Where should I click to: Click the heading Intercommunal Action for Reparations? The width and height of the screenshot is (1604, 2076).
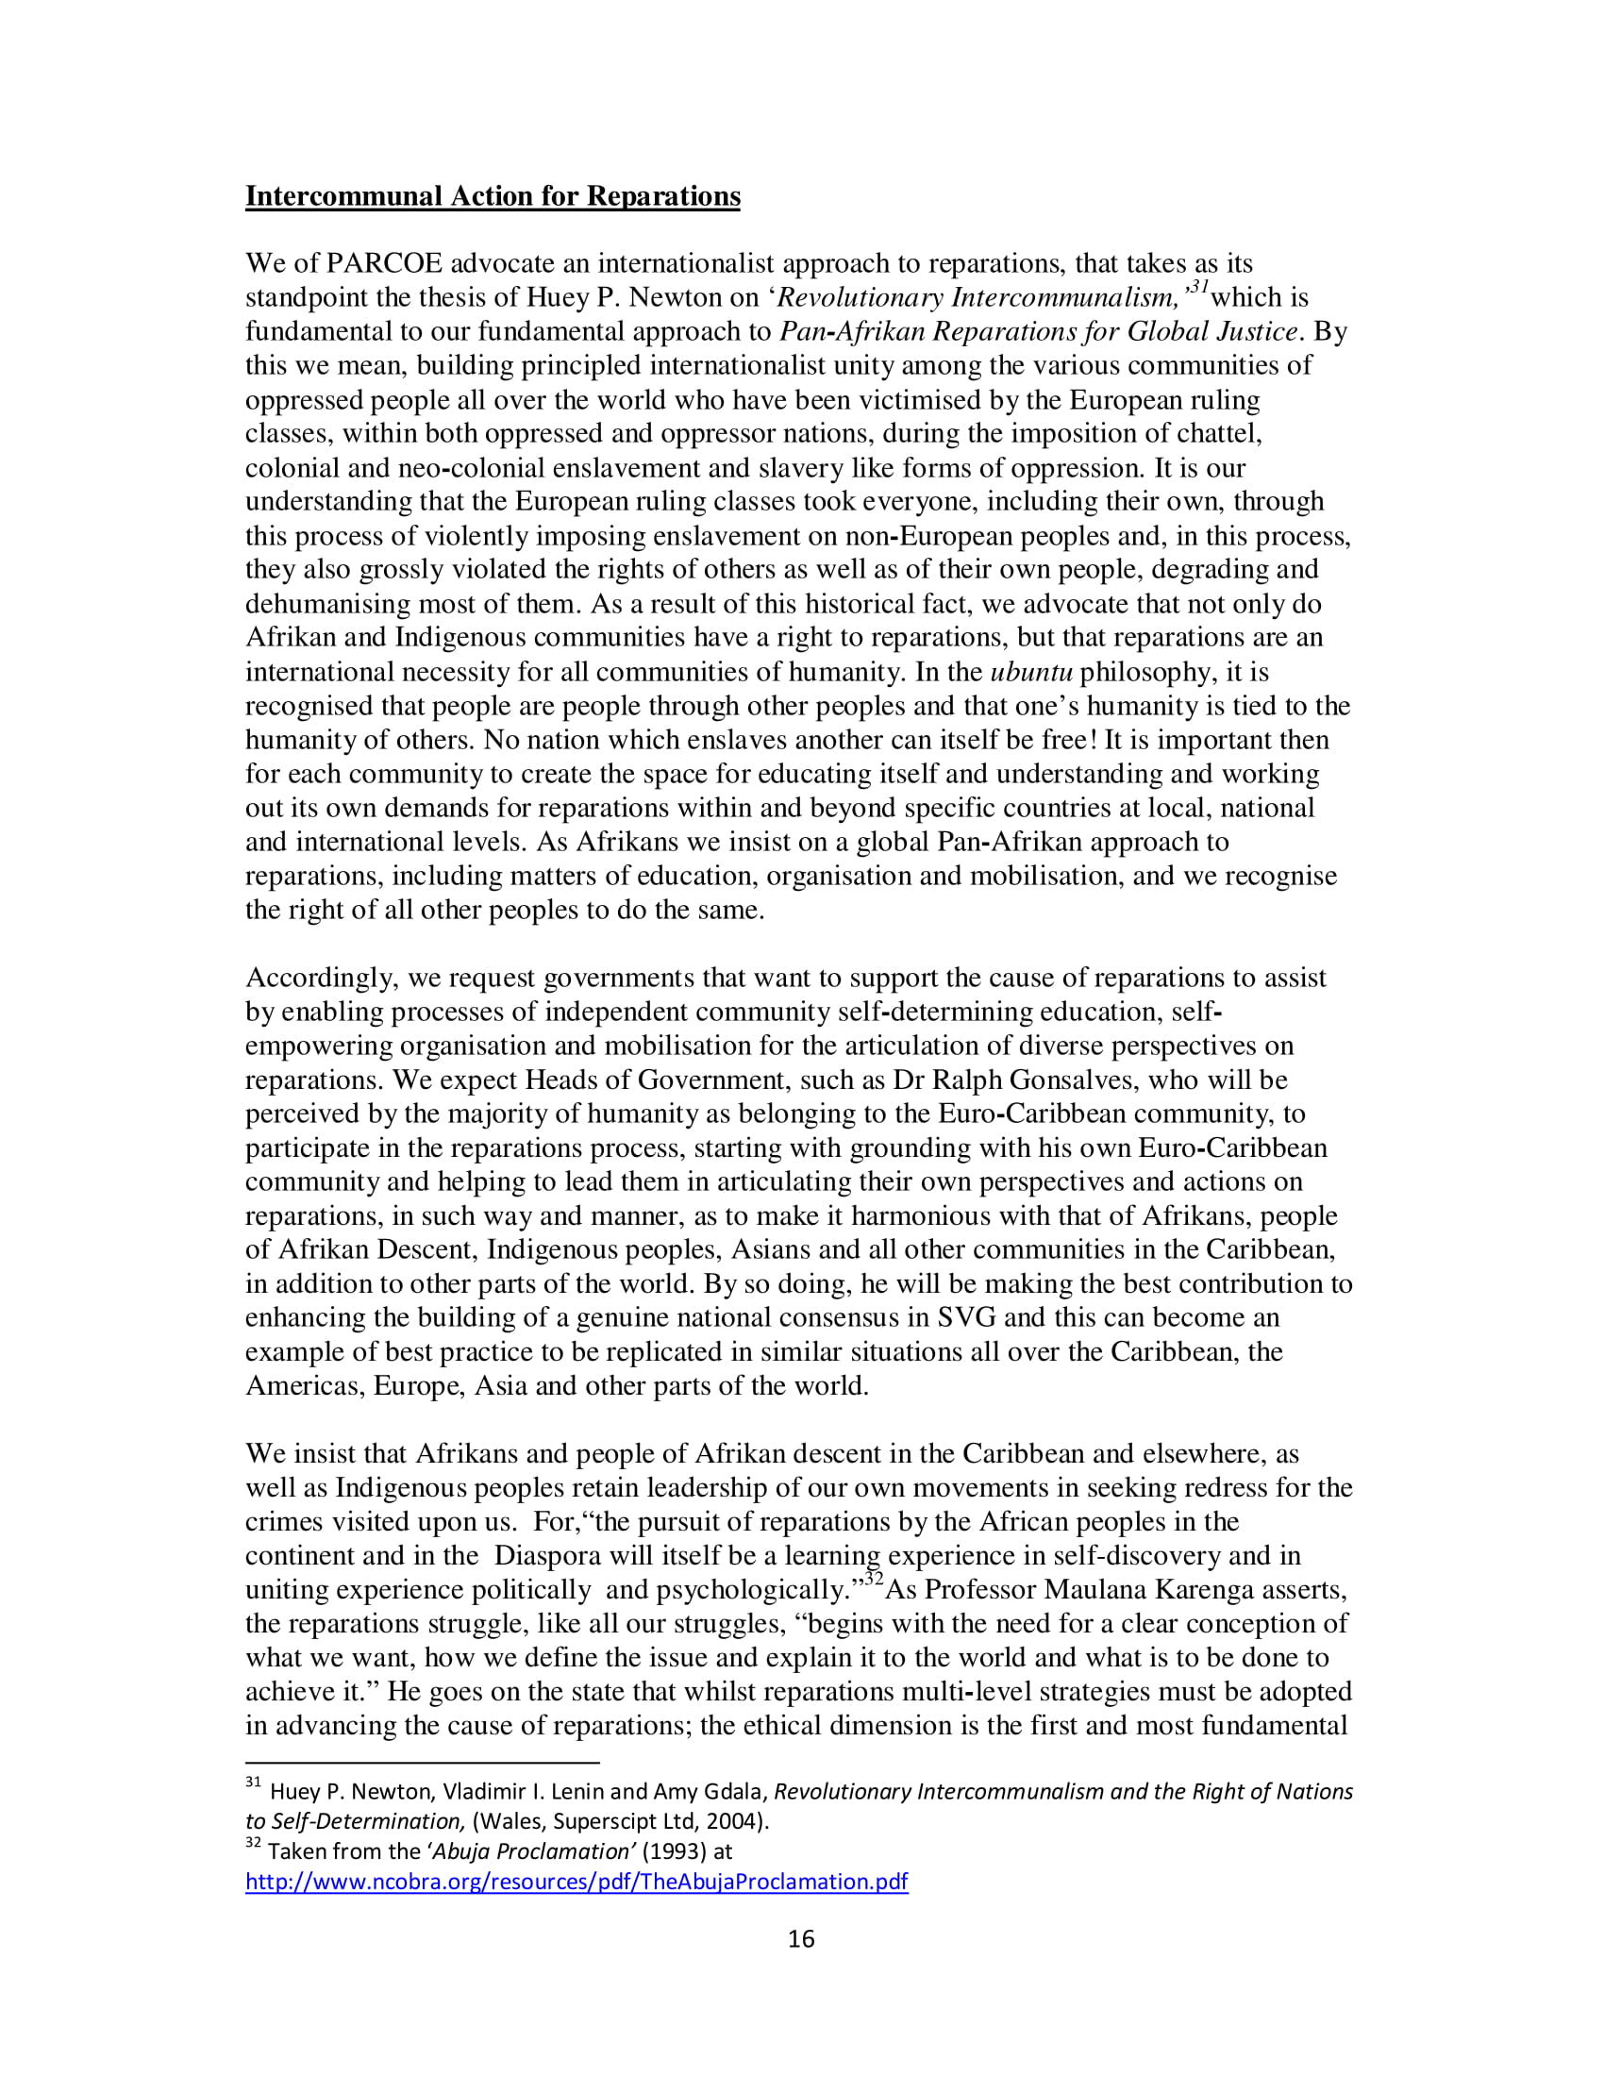coord(493,196)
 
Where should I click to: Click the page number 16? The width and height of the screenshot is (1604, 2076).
coord(801,1938)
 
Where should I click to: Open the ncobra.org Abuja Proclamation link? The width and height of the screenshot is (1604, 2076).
coord(576,1881)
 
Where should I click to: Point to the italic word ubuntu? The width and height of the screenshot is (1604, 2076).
coord(1031,672)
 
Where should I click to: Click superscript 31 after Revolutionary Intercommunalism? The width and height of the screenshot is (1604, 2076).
coord(1197,287)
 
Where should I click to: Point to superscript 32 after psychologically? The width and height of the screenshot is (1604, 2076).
coord(874,1580)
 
